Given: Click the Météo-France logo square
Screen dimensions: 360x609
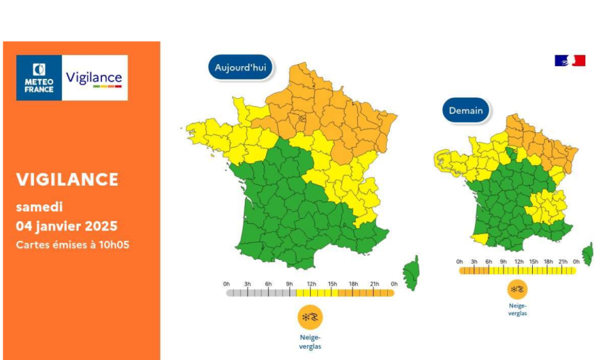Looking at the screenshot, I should point(39,78).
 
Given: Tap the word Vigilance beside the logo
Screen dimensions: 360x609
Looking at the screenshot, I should point(94,78).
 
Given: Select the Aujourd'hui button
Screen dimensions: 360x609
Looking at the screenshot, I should point(240,67).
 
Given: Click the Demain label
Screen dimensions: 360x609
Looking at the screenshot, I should point(465,110).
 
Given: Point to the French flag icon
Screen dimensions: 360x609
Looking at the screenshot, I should point(570,61).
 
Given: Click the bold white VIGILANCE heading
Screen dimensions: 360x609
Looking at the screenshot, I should point(67,179).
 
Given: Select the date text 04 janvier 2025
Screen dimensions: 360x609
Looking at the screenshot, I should point(67,226).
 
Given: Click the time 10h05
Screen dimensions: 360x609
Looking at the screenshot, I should point(113,245).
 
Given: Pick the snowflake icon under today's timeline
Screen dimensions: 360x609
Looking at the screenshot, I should point(310,317).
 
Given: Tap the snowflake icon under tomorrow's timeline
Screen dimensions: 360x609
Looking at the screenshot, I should point(517,290).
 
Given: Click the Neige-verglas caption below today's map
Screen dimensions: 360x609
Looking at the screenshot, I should point(310,342).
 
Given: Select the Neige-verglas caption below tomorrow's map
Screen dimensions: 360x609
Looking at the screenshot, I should point(517,309).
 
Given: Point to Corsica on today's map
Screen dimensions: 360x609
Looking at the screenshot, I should point(411,272).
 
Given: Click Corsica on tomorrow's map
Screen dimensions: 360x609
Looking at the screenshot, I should point(588,253).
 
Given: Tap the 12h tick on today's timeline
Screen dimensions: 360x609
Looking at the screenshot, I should point(311,292).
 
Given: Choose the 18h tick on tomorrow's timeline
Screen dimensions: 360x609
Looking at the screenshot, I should point(548,270).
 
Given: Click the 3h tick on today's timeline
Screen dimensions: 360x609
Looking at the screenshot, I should point(247,292).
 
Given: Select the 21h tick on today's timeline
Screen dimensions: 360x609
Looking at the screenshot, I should point(374,292).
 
